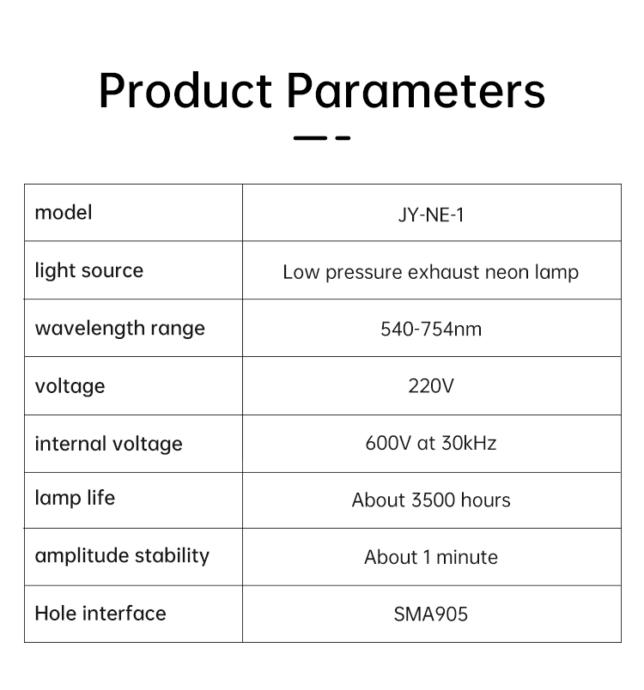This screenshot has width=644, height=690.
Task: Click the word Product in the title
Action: coord(185,90)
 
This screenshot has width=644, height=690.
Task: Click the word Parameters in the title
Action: coord(416,90)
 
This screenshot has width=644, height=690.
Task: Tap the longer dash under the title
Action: coord(310,137)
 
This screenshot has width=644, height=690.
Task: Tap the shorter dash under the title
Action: coord(343,137)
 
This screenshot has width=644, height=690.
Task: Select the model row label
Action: coord(64,213)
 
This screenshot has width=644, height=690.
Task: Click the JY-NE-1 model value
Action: coord(431,215)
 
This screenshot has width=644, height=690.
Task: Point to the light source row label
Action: coord(89,270)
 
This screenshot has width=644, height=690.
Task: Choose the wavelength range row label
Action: coord(119,329)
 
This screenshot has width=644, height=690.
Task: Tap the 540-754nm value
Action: coord(431,330)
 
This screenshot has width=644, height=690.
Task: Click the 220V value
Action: coord(431,386)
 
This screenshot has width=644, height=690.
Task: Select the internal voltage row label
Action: coord(108,444)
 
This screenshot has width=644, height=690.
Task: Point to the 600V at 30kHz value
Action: coord(431,443)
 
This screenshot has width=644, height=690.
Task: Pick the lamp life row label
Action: coord(75,498)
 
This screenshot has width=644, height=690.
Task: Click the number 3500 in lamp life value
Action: coord(433,499)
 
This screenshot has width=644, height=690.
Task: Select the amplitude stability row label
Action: coord(122,556)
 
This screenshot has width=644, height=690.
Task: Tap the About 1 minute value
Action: coord(431,557)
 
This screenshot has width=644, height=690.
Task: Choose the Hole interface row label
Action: coord(100,614)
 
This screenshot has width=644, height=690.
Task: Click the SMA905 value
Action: coord(431,614)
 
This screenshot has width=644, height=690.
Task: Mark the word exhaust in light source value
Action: coord(444,272)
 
